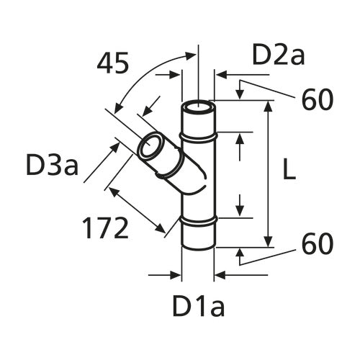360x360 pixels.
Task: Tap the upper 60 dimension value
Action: click(x=317, y=99)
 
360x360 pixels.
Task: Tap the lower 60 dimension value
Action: click(x=317, y=244)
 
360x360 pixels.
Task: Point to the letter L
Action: click(x=289, y=170)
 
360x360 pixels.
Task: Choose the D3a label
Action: click(x=52, y=166)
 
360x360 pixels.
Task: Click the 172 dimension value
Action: click(x=105, y=228)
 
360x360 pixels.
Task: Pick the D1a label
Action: click(x=199, y=307)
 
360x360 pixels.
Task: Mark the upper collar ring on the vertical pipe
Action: click(x=198, y=135)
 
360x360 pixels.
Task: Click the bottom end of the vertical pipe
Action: click(x=198, y=248)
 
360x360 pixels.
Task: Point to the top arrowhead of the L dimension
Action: click(x=269, y=105)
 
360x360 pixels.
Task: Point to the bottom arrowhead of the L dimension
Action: click(x=269, y=242)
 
